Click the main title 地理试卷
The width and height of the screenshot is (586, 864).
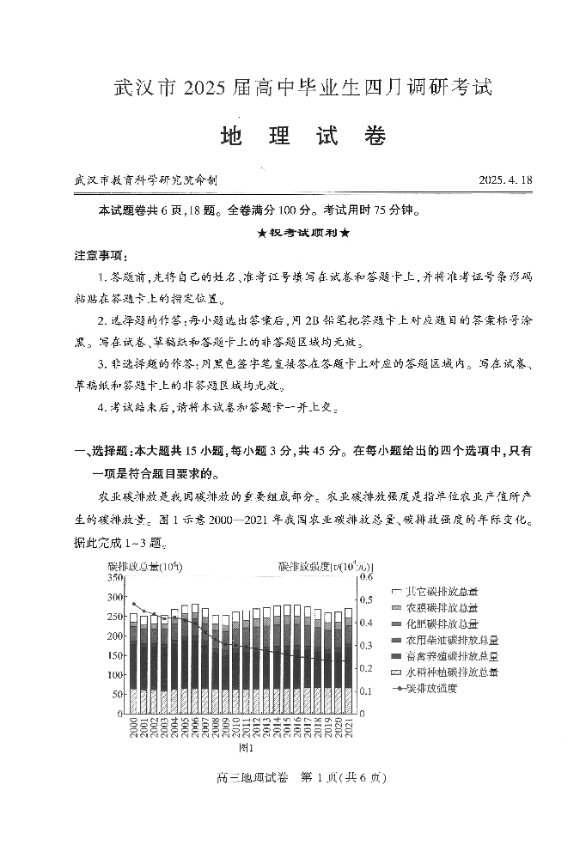[303, 137]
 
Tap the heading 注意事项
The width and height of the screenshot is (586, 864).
[101, 256]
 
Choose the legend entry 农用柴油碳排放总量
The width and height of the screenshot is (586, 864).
[452, 641]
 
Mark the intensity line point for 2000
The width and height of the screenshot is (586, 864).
[133, 605]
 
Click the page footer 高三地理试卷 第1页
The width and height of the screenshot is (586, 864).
[293, 778]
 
